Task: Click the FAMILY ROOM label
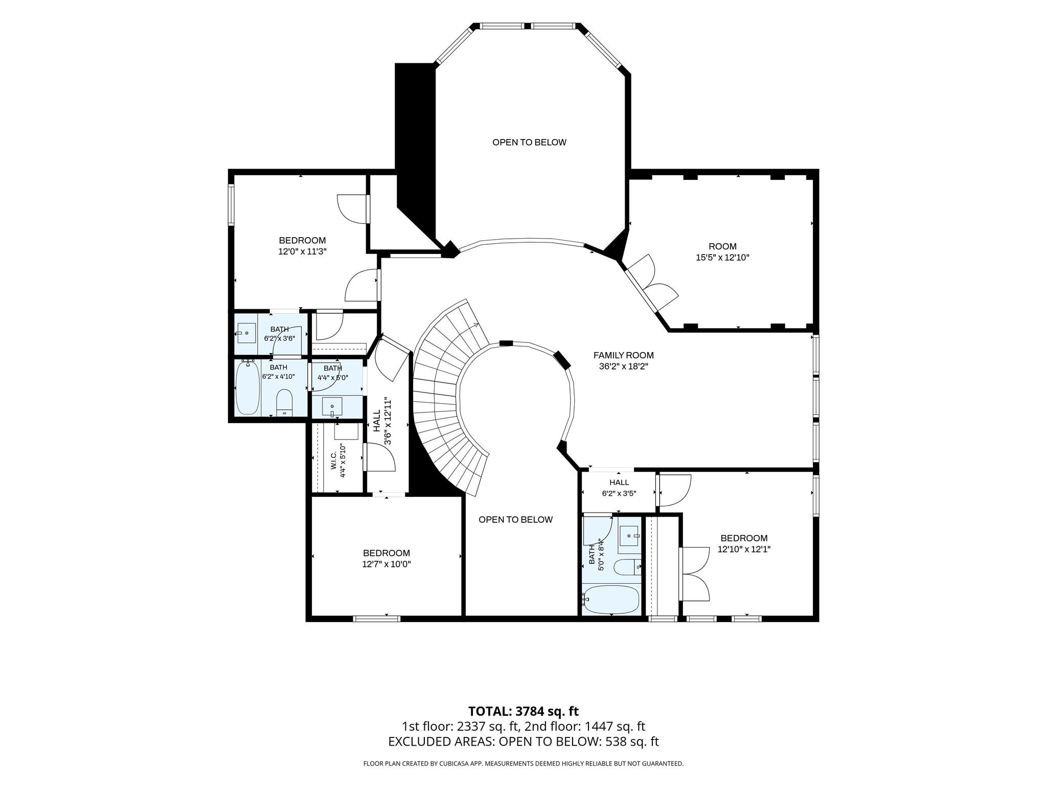pyautogui.click(x=623, y=355)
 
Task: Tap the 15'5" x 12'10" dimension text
pyautogui.click(x=722, y=258)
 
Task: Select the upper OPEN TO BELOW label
pyautogui.click(x=529, y=142)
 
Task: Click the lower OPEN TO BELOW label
pyautogui.click(x=515, y=520)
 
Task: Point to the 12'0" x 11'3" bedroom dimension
pyautogui.click(x=302, y=251)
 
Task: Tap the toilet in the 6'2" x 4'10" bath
pyautogui.click(x=284, y=403)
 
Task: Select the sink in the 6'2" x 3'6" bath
pyautogui.click(x=247, y=333)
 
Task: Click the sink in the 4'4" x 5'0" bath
pyautogui.click(x=332, y=407)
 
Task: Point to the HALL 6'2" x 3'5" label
pyautogui.click(x=619, y=488)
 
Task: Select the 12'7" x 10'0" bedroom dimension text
pyautogui.click(x=386, y=564)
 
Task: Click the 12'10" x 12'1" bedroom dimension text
pyautogui.click(x=744, y=549)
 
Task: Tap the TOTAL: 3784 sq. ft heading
pyautogui.click(x=523, y=711)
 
